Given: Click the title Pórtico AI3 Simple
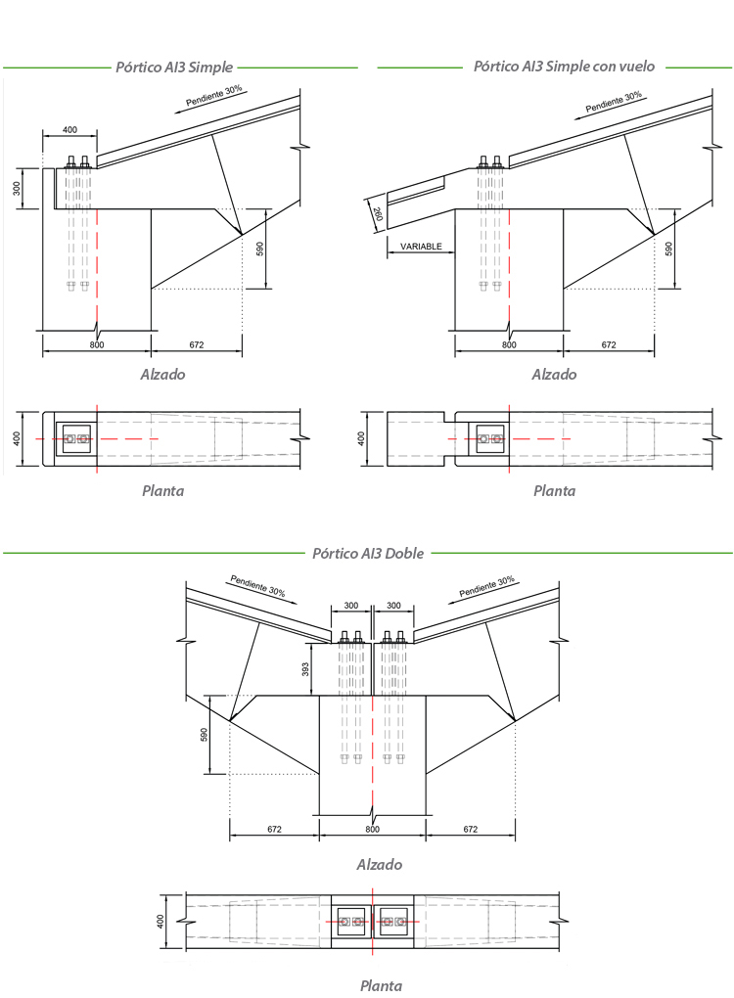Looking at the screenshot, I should click(174, 68).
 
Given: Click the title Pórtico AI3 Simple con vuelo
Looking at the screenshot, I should click(564, 68).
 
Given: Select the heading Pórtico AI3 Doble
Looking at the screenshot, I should click(367, 553).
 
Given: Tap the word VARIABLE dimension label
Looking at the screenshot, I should click(421, 247).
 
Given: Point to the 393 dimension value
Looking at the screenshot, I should click(306, 668).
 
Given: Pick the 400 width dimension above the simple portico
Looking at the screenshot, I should click(69, 130).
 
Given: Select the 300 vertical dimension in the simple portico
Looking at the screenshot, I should click(17, 188).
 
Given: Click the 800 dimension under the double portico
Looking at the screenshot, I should click(371, 829).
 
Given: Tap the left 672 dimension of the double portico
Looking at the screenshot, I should click(274, 829).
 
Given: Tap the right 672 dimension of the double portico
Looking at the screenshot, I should click(470, 829).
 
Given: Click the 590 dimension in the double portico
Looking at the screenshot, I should click(206, 734).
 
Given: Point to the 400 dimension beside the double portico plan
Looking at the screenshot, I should click(161, 921).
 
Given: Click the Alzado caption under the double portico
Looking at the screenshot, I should click(379, 865).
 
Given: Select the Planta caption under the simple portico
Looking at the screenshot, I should click(161, 491).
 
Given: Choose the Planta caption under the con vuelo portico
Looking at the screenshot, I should click(554, 491).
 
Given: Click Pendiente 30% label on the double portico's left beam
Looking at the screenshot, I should click(257, 586).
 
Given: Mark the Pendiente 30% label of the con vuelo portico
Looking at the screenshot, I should click(614, 102).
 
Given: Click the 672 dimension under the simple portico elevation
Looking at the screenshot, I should click(196, 344).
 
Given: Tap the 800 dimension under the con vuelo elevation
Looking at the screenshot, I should click(509, 344).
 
